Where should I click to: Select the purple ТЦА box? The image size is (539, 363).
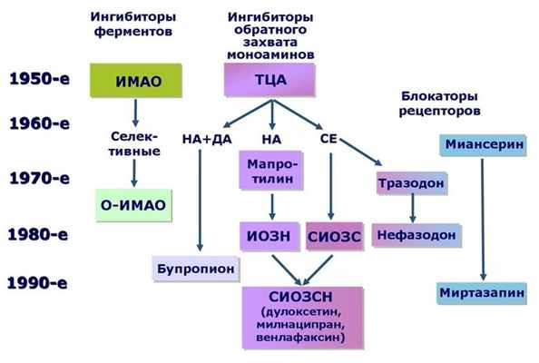[269, 80]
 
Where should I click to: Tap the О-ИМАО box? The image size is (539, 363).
[132, 205]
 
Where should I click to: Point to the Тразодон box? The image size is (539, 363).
[411, 182]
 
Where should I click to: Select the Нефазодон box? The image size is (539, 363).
[416, 235]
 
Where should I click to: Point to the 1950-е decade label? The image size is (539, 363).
[39, 78]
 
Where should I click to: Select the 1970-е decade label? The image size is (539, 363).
[39, 178]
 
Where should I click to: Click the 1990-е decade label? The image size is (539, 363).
[37, 282]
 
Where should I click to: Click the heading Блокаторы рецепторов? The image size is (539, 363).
[440, 103]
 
